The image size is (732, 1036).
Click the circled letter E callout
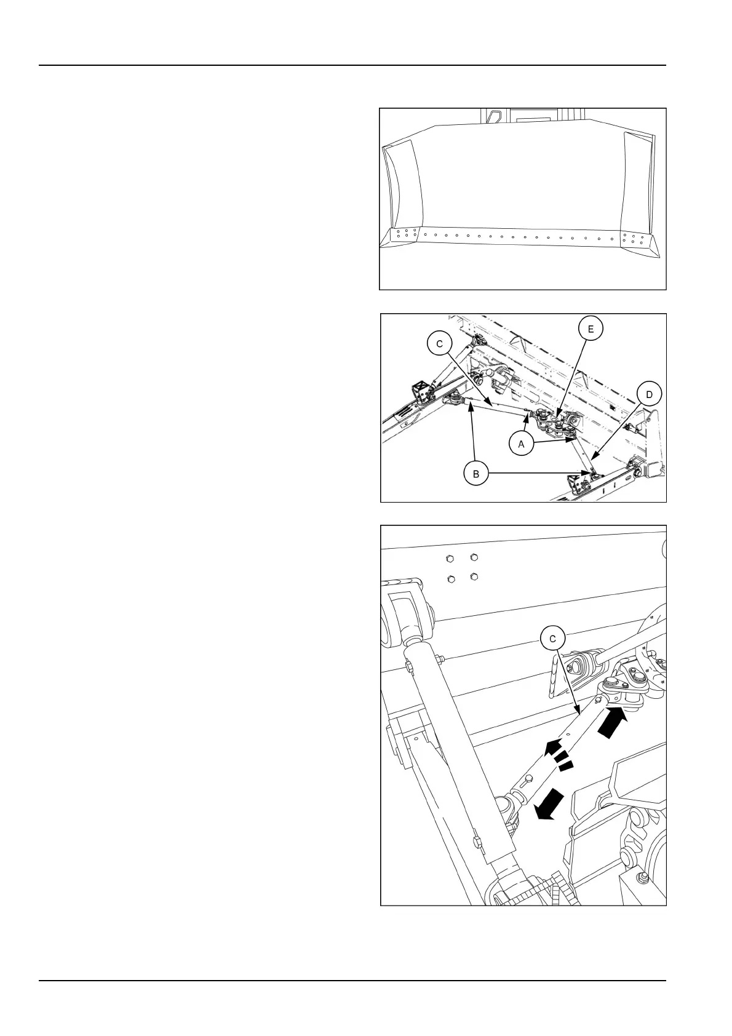(591, 329)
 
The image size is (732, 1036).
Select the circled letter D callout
(649, 392)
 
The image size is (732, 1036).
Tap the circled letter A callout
(522, 444)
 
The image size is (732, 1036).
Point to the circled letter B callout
(475, 474)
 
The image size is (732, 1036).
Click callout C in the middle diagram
(440, 344)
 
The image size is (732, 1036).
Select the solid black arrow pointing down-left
(550, 805)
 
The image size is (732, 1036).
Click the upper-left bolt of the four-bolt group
(449, 559)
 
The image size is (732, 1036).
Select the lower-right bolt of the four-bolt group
(474, 577)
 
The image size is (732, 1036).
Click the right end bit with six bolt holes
(633, 239)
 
